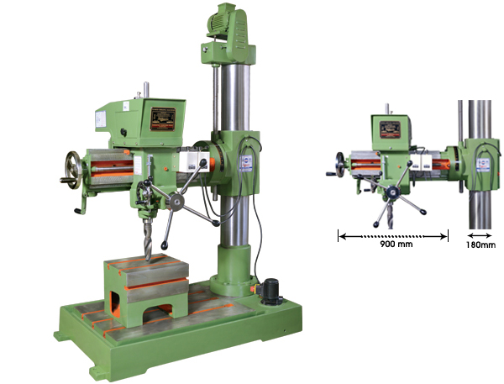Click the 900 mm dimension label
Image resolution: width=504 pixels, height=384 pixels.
[396, 244]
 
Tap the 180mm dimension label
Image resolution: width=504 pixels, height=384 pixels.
[480, 245]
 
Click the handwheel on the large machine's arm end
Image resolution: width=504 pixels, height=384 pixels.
[73, 170]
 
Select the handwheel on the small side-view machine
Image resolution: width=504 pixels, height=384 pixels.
[340, 165]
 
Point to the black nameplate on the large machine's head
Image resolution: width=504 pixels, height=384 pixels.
[163, 119]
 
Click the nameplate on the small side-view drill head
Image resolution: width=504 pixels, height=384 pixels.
[390, 129]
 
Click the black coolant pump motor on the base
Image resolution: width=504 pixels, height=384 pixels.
[270, 292]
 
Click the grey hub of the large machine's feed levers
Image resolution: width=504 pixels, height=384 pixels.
[176, 201]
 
